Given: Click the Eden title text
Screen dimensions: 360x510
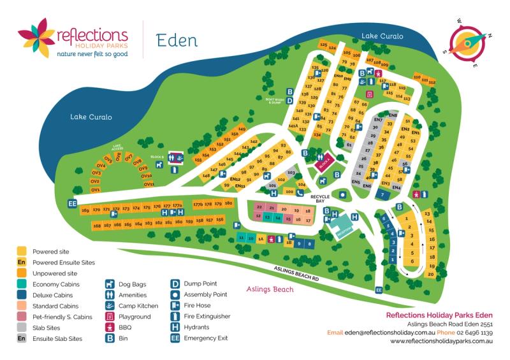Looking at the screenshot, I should point(177,40).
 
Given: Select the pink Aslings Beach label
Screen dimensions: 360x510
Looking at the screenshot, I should point(270,289).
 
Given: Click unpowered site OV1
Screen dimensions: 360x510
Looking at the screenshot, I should point(96,190).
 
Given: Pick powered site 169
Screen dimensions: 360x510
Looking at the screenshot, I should point(85,210).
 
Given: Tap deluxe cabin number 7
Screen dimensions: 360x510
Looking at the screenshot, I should point(382,194).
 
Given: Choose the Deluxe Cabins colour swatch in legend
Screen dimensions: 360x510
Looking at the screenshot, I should point(22,295).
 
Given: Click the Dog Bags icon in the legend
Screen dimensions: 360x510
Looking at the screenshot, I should point(110,284).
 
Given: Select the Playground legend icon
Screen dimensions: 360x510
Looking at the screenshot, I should point(110,317).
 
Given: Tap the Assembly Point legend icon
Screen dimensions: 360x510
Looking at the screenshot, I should point(175,295).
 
